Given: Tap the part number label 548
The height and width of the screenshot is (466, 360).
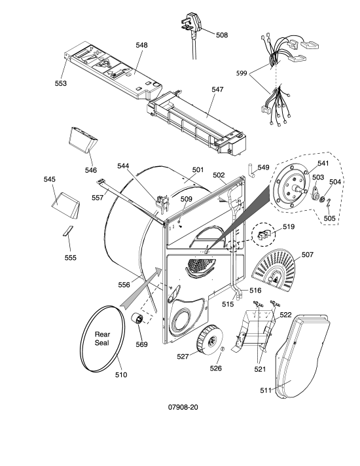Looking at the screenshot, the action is click(x=141, y=45).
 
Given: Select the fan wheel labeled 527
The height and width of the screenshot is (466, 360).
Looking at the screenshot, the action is click(x=209, y=340).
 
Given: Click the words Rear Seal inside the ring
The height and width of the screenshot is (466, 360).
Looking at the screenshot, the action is click(x=102, y=338).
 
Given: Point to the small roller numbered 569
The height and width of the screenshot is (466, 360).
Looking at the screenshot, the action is click(x=137, y=319).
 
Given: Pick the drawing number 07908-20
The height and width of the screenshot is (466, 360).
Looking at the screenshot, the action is click(x=183, y=407).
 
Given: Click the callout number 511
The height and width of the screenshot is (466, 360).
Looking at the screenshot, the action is click(x=266, y=390).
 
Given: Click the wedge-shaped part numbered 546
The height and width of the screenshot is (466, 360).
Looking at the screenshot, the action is click(x=82, y=139).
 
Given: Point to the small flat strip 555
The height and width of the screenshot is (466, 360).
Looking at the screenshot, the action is click(x=67, y=230).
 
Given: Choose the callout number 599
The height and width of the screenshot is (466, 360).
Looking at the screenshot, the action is click(x=242, y=73).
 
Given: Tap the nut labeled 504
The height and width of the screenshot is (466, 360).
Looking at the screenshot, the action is click(x=321, y=200).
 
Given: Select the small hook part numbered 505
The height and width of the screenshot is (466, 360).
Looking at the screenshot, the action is click(x=328, y=204).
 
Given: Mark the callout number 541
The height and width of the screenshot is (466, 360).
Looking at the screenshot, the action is click(x=323, y=163).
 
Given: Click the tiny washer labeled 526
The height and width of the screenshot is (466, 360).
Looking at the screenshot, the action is click(x=222, y=349).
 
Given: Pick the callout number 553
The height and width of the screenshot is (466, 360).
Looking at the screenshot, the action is click(x=61, y=84).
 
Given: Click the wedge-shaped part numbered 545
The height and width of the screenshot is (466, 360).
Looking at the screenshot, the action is click(x=66, y=205).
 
